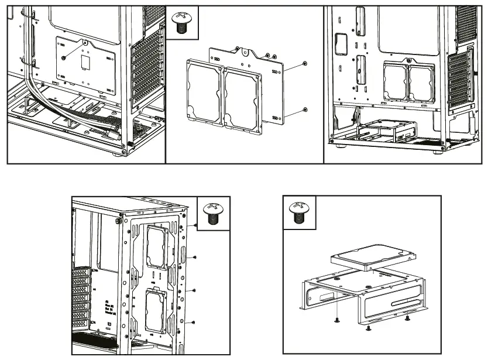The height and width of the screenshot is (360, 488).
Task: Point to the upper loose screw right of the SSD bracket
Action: click(x=305, y=63)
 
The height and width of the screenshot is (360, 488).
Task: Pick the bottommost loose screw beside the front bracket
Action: click(x=194, y=321)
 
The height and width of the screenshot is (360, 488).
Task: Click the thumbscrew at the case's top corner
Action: click(x=119, y=221)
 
